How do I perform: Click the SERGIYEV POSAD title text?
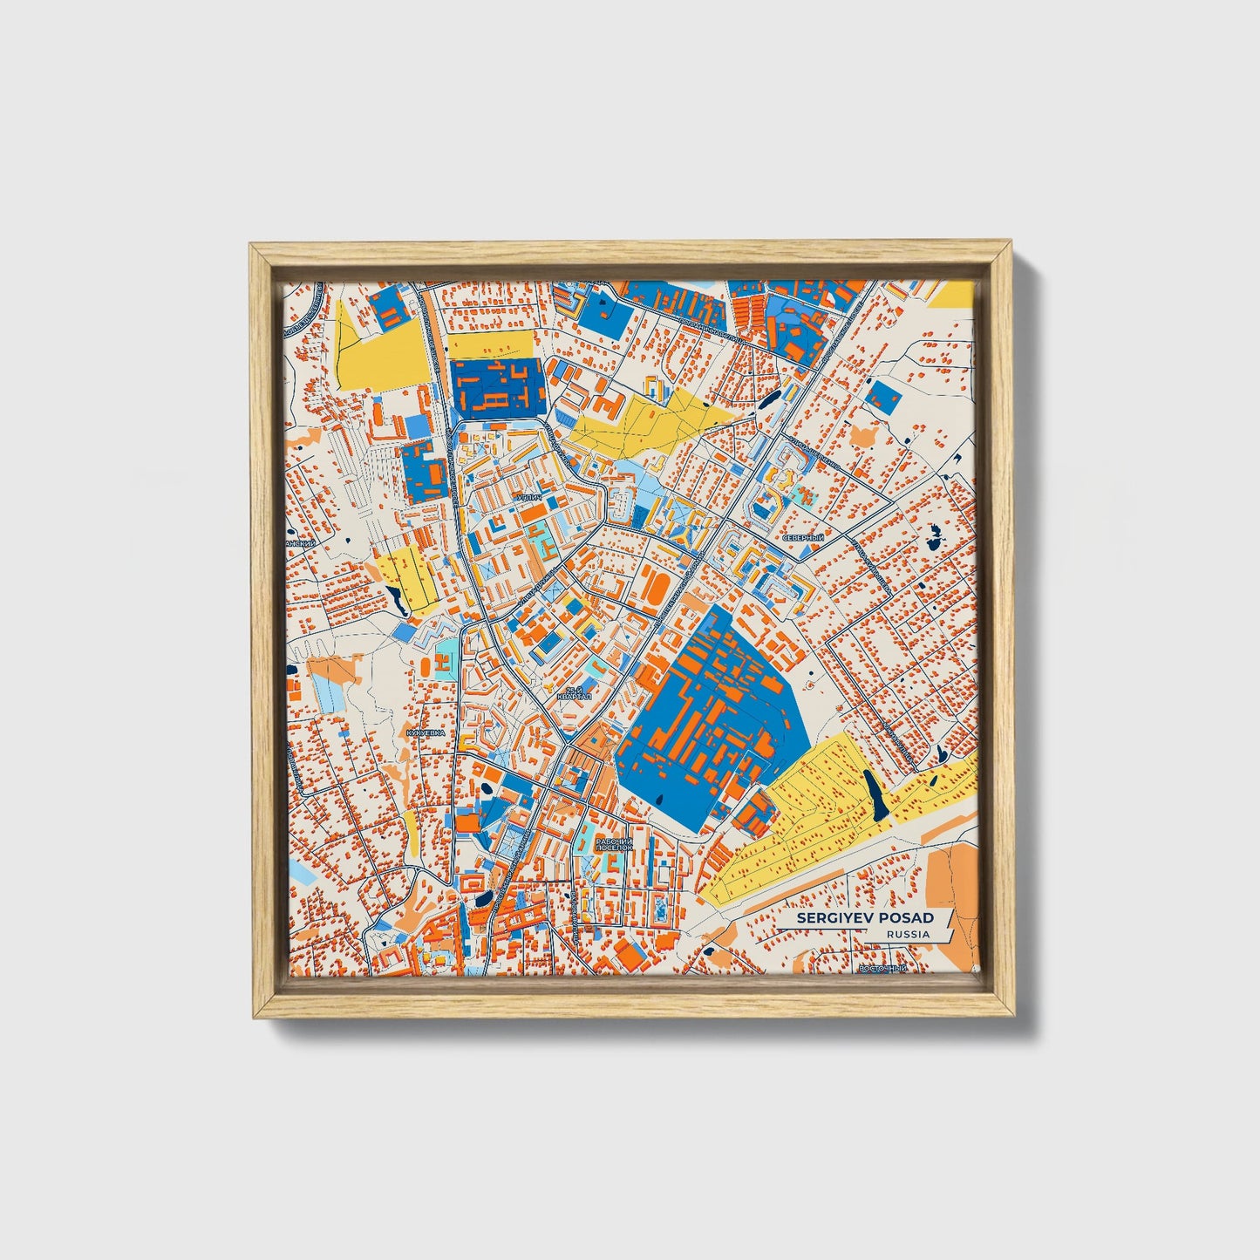pyautogui.click(x=864, y=918)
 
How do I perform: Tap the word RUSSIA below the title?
pyautogui.click(x=907, y=935)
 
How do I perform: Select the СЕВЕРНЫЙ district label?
pyautogui.click(x=802, y=538)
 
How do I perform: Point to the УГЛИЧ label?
pyautogui.click(x=529, y=498)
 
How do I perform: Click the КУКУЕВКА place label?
pyautogui.click(x=426, y=733)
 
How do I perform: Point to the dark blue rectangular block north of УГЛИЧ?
pyautogui.click(x=498, y=386)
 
